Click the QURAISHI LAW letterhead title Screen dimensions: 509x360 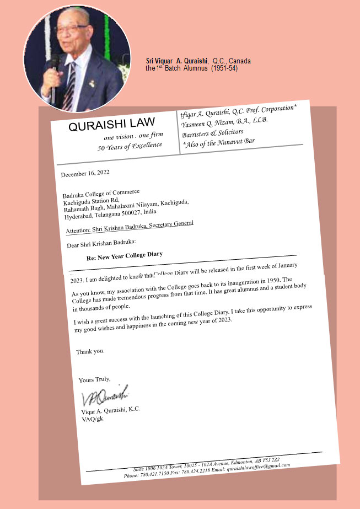tap(111, 125)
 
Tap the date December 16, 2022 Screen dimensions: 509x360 tap(85, 173)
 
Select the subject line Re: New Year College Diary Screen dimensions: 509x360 tap(125, 256)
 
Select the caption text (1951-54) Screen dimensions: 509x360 tap(224, 68)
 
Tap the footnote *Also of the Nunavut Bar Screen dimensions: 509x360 tap(218, 143)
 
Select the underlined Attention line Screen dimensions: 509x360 tap(130, 227)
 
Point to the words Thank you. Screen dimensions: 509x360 tap(90, 351)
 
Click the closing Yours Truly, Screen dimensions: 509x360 tap(95, 379)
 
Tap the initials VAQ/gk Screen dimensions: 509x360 tap(92, 419)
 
